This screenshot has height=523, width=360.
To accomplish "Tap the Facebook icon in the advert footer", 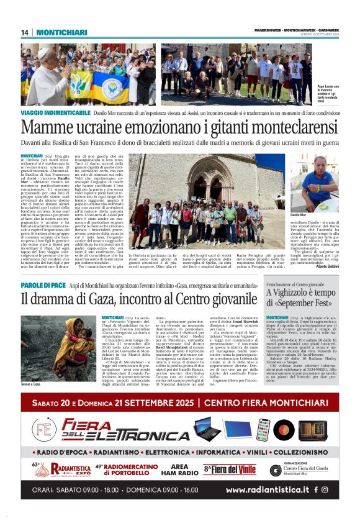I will pos(316,489).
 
